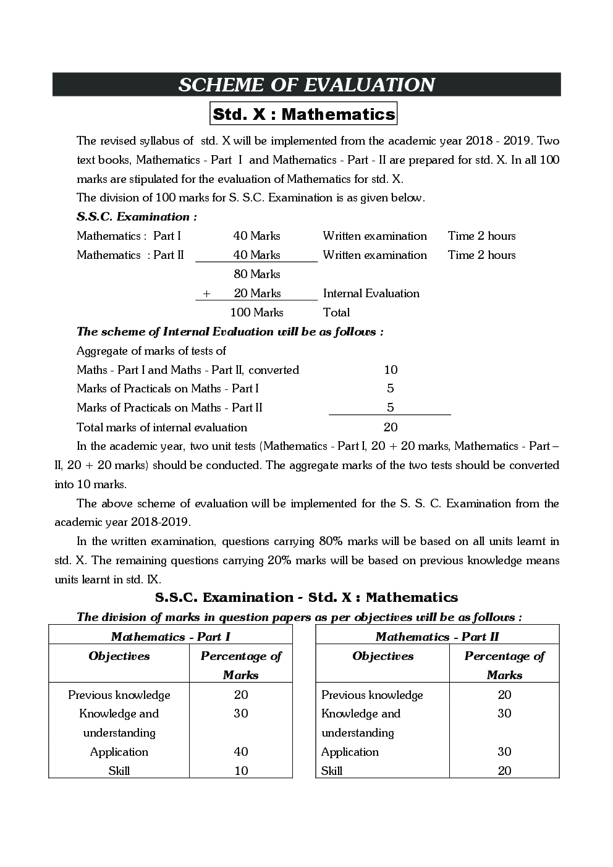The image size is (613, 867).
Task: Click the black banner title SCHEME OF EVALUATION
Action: click(x=306, y=85)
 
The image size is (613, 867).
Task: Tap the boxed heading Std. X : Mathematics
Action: click(x=303, y=114)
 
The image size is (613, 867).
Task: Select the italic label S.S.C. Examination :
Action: click(x=137, y=217)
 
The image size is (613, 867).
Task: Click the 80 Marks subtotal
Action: click(x=256, y=274)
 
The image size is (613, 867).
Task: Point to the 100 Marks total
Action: click(x=256, y=313)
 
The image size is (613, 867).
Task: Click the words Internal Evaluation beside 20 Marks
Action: click(x=371, y=294)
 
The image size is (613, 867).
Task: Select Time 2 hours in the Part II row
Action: click(x=481, y=255)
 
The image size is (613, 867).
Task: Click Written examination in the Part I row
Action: click(x=374, y=236)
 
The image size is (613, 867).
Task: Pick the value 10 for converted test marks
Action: click(x=391, y=370)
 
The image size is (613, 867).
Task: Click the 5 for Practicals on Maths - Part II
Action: click(x=390, y=408)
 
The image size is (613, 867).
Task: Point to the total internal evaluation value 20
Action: click(x=391, y=427)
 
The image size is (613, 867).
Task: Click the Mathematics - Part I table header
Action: click(x=171, y=637)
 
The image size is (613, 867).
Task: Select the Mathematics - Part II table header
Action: click(x=437, y=637)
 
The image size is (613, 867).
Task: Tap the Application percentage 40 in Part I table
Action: click(x=241, y=752)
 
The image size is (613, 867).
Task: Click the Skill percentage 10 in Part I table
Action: click(x=241, y=771)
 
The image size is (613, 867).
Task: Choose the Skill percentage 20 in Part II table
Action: click(x=504, y=771)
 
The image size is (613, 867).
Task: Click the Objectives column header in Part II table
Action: click(x=383, y=656)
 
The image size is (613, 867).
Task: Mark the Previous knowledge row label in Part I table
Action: click(x=119, y=695)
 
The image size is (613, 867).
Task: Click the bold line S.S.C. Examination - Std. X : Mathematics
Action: click(x=306, y=598)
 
